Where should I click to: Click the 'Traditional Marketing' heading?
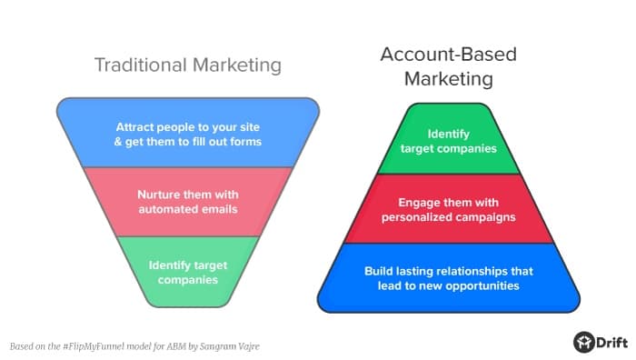(x=188, y=65)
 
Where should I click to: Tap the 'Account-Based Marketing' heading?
(x=448, y=66)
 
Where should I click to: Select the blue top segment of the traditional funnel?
(x=188, y=132)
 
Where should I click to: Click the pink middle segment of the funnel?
(x=188, y=202)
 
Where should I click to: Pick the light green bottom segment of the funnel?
(x=188, y=270)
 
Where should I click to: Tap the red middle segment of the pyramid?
(x=449, y=208)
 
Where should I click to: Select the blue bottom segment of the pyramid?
(x=449, y=277)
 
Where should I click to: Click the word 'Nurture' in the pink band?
(x=160, y=195)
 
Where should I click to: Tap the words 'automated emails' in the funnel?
(x=188, y=209)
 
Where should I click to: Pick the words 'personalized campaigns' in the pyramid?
(x=449, y=216)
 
